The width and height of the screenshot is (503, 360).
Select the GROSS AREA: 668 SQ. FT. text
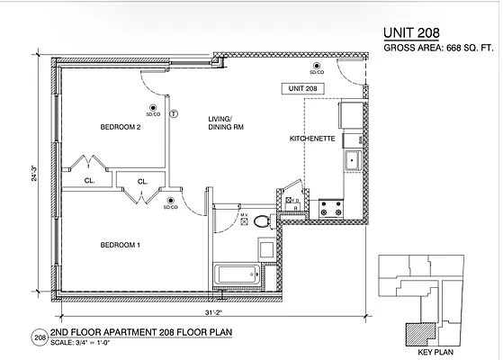pyautogui.click(x=438, y=50)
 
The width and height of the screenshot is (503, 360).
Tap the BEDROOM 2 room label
pyautogui.click(x=121, y=127)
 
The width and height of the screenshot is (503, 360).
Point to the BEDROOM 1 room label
pyautogui.click(x=120, y=246)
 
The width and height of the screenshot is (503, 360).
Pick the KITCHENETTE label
pyautogui.click(x=310, y=139)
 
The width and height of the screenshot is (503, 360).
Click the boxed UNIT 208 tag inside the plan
pyautogui.click(x=302, y=89)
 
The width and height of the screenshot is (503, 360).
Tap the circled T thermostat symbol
pyautogui.click(x=174, y=114)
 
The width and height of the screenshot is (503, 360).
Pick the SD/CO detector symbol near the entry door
pyautogui.click(x=317, y=67)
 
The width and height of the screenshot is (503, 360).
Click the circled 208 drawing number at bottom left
pyautogui.click(x=39, y=337)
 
